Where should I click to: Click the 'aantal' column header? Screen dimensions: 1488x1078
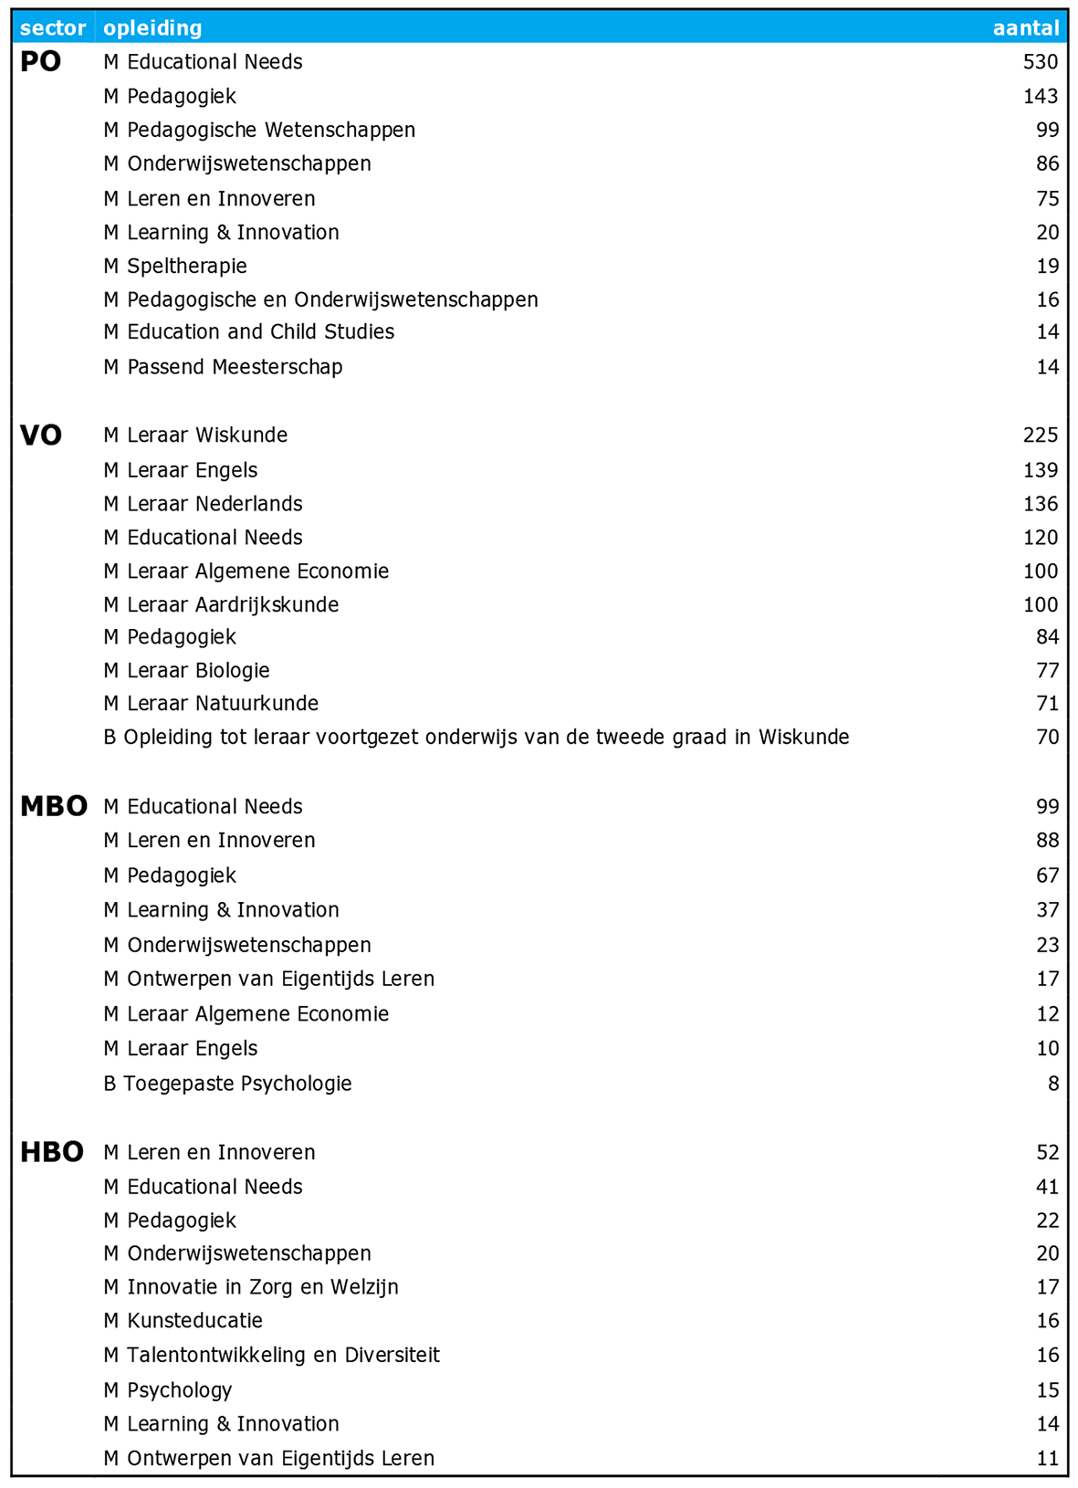pos(1025,28)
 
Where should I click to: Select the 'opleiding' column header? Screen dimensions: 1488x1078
pos(152,28)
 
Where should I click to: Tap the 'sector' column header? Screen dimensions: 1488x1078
pos(53,28)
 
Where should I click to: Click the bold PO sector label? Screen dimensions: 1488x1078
pos(41,62)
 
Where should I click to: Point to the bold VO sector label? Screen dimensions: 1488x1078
pos(41,435)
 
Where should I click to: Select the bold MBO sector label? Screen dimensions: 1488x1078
pos(54,807)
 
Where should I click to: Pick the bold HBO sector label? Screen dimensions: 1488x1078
pos(52,1153)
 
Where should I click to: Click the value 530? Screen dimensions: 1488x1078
pos(1040,62)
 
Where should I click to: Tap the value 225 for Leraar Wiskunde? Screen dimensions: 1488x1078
pos(1040,435)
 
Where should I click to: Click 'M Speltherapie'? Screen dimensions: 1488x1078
pos(175,267)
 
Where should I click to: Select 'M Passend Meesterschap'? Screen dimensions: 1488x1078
pos(223,367)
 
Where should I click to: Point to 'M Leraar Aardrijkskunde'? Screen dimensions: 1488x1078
pos(221,605)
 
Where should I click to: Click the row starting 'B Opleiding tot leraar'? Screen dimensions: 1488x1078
pos(476,738)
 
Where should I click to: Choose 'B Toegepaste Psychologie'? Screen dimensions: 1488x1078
pos(227,1084)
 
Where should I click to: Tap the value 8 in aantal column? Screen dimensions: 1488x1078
pos(1053,1084)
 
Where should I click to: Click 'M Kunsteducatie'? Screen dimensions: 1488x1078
pos(183,1321)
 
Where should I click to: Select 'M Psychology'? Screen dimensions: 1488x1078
pos(168,1390)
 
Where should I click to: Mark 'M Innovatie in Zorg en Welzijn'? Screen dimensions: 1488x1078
pos(251,1287)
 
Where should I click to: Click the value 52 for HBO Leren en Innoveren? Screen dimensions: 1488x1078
pos(1047,1153)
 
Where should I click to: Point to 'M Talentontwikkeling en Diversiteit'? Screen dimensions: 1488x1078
pos(271,1356)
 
